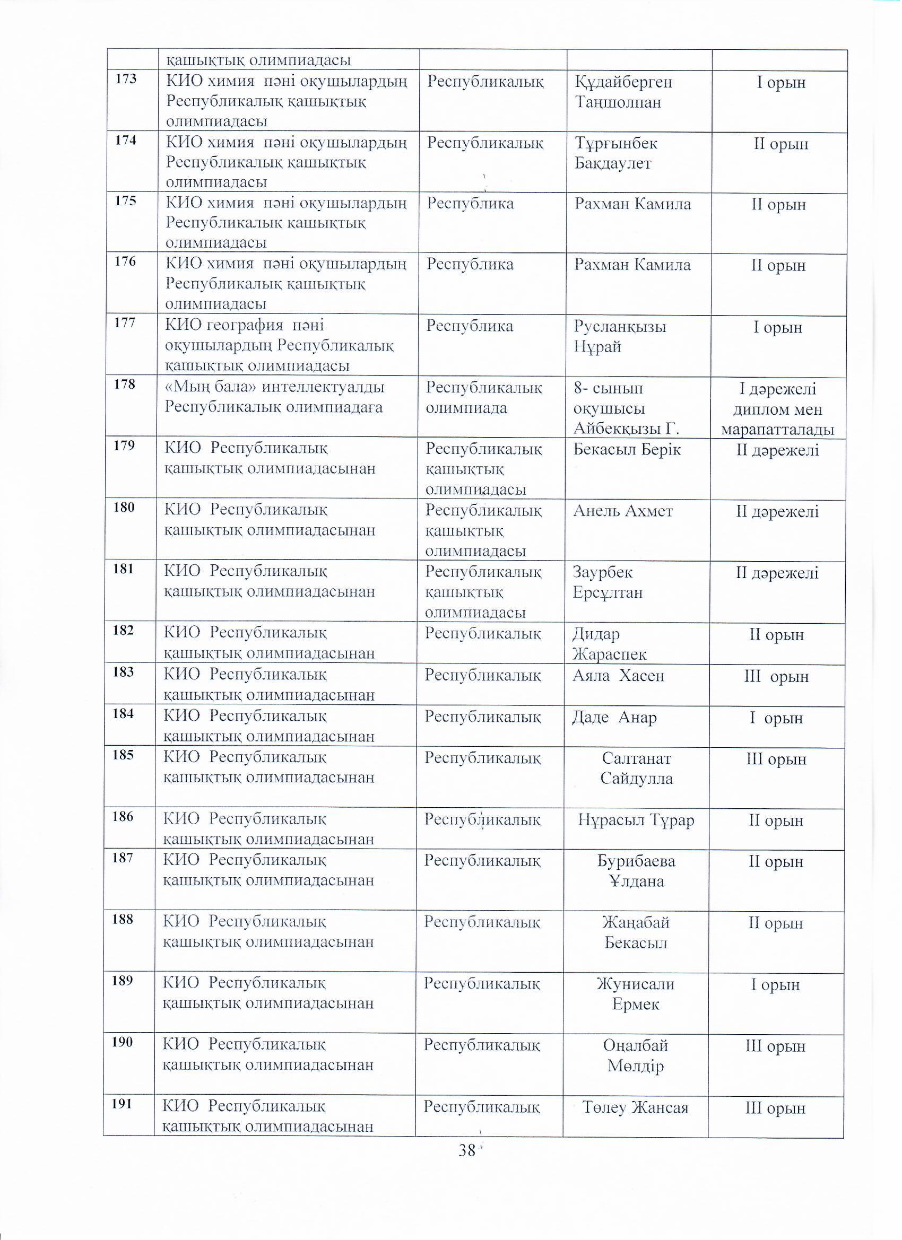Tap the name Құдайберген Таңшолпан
click(x=623, y=92)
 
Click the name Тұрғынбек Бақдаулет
click(x=616, y=153)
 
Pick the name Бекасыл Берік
click(x=627, y=449)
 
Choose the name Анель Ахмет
click(x=622, y=511)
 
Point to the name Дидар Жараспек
click(x=609, y=643)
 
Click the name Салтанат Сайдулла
click(x=636, y=767)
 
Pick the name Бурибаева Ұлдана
click(x=636, y=871)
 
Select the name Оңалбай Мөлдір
click(x=636, y=1055)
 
